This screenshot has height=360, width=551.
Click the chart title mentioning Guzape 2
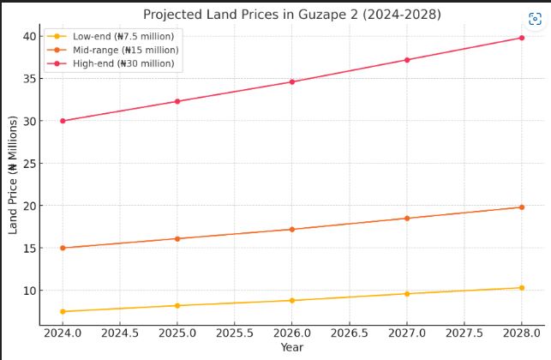click(291, 14)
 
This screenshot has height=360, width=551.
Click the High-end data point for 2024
click(63, 121)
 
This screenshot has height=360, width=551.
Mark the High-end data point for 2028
click(521, 38)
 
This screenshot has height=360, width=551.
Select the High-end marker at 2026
click(292, 82)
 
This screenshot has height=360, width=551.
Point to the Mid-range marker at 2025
click(177, 239)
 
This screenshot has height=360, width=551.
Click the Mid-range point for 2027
click(407, 219)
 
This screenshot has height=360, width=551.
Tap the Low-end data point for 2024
click(63, 311)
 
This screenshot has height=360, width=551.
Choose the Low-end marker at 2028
click(521, 288)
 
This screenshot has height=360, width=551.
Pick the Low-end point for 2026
click(292, 301)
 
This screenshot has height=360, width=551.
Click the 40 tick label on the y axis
click(29, 36)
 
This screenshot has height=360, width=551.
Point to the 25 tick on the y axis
click(29, 164)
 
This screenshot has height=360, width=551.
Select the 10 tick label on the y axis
click(29, 291)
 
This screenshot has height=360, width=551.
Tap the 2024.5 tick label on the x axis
click(120, 332)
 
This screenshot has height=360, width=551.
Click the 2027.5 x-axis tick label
click(464, 332)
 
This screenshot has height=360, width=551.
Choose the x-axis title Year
click(291, 347)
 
